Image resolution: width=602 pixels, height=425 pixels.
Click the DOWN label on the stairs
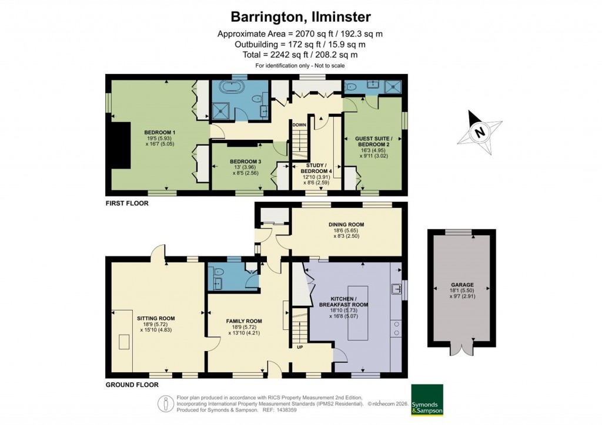point(299,125)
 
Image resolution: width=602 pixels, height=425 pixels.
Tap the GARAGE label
point(461,285)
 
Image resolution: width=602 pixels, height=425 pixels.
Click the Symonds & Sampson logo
point(427,400)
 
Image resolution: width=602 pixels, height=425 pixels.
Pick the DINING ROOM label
point(346,224)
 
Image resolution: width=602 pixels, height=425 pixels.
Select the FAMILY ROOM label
point(244,321)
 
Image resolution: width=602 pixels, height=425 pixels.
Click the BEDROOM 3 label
point(245,161)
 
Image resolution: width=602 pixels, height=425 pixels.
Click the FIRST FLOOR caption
point(127,204)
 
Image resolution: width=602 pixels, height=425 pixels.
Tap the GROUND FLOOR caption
point(132,385)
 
